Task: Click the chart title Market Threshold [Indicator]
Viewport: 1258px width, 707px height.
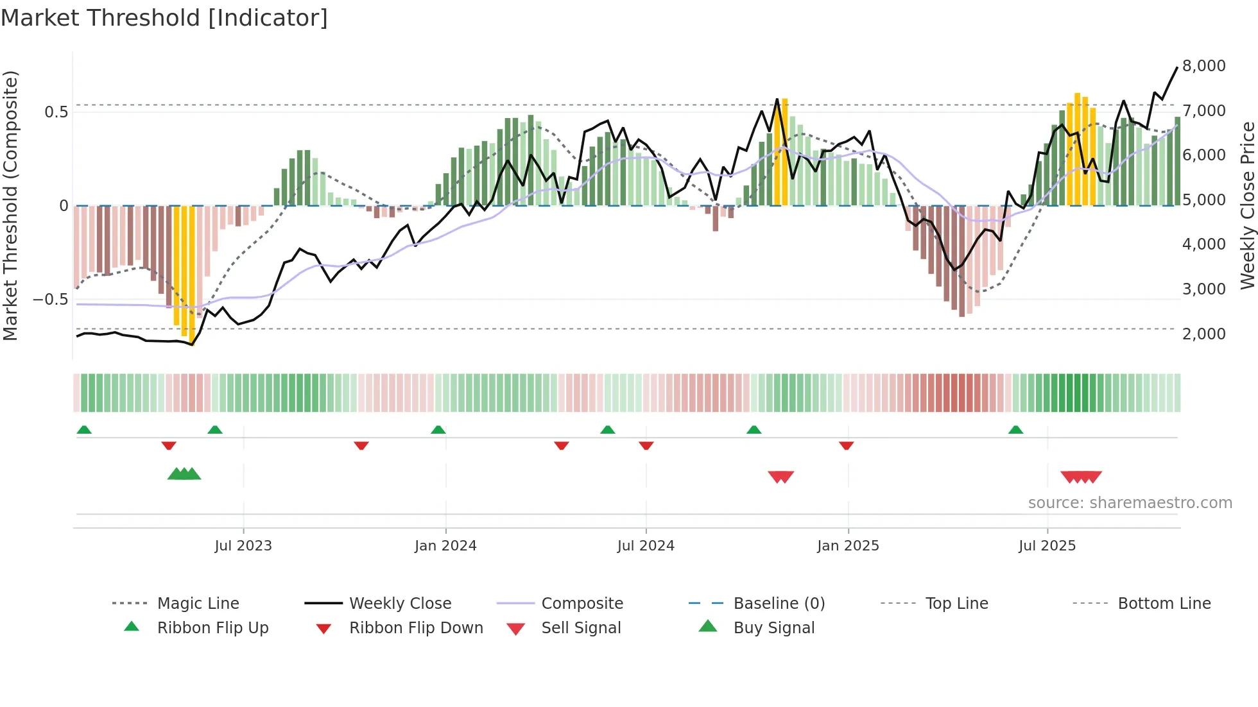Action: [x=164, y=18]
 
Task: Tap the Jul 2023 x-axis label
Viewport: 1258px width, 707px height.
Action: [x=243, y=546]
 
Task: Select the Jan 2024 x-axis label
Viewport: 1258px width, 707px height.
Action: [x=445, y=546]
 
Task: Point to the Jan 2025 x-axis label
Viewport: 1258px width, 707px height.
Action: [x=848, y=546]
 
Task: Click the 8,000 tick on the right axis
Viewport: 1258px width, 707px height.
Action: [x=1203, y=66]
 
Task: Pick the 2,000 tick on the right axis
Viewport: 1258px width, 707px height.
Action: [x=1203, y=334]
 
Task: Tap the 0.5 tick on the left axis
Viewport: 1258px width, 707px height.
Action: [x=56, y=112]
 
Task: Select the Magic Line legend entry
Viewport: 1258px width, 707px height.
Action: [x=198, y=604]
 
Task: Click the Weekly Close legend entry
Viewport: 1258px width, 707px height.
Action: [x=400, y=604]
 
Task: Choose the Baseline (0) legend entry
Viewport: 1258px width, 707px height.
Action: [x=779, y=604]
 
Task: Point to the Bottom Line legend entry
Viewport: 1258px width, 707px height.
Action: [x=1164, y=604]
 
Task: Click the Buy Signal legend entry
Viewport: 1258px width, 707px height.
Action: [x=773, y=628]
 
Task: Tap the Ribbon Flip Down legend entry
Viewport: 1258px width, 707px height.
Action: [x=416, y=628]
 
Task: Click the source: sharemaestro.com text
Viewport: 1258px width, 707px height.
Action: [x=1130, y=503]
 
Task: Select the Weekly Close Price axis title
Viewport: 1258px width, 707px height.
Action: [x=1247, y=205]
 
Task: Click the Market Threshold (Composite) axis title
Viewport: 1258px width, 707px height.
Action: [x=10, y=205]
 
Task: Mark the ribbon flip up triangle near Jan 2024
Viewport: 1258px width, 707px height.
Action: [x=438, y=430]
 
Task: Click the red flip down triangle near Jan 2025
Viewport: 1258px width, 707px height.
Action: [x=847, y=445]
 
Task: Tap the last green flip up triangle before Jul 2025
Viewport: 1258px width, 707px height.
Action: [x=1015, y=430]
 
